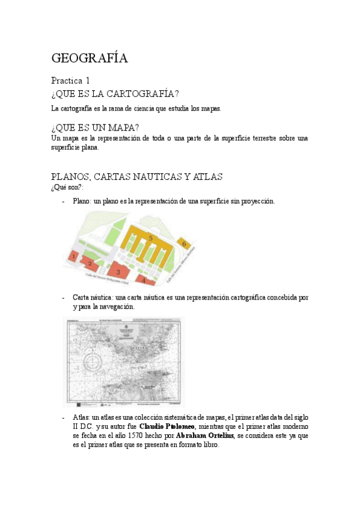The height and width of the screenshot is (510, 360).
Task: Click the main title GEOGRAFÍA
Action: tap(90, 58)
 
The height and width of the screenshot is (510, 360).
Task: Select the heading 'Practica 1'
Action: tap(70, 81)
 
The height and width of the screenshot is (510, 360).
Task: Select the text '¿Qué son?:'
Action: tap(67, 188)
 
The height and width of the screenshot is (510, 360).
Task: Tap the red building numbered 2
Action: tap(90, 263)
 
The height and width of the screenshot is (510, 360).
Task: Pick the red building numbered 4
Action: tap(144, 279)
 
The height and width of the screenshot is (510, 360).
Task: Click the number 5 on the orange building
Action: tap(151, 239)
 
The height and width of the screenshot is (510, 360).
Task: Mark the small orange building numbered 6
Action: tap(184, 244)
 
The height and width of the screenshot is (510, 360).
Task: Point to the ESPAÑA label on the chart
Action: tap(142, 347)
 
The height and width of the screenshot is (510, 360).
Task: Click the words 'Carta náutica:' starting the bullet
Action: tap(93, 298)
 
